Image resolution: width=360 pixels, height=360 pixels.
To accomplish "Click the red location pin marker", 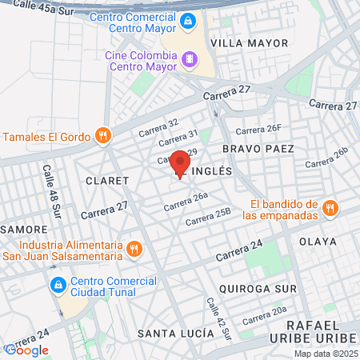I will click(180, 163).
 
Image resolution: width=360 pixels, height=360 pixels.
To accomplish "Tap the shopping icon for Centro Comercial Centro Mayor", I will click(187, 21).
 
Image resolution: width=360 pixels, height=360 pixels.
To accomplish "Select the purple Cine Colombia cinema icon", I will click(189, 58).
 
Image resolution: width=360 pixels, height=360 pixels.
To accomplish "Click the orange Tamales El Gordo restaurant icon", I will click(102, 134).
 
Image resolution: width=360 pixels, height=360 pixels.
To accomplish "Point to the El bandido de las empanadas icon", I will click(330, 209).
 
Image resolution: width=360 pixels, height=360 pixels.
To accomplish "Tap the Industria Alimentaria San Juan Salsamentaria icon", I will click(134, 250).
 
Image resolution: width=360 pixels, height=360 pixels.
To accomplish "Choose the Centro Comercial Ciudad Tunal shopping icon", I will click(58, 286).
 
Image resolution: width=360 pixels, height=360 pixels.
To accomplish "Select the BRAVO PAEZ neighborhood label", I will click(258, 149).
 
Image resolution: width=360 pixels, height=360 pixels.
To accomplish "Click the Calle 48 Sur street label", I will click(52, 192).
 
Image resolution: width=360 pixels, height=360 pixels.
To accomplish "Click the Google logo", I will click(26, 350).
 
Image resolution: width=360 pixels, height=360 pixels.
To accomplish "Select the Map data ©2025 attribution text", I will click(326, 354).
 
